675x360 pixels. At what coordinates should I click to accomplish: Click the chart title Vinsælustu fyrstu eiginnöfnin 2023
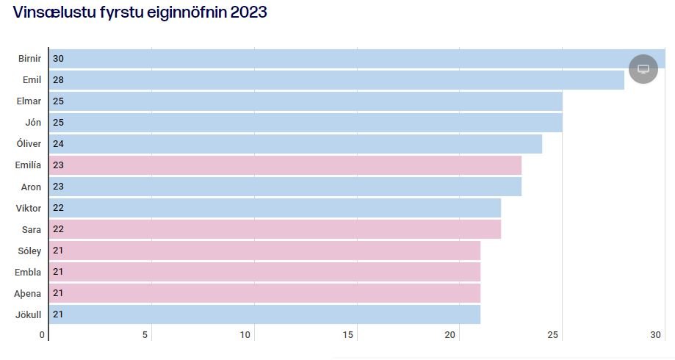pyautogui.click(x=140, y=12)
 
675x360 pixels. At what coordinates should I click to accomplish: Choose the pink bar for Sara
pyautogui.click(x=275, y=230)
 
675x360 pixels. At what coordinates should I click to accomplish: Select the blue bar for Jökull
pyautogui.click(x=264, y=315)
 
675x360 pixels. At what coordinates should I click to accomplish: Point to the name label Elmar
pyautogui.click(x=29, y=101)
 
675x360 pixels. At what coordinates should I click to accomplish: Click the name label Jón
pyautogui.click(x=33, y=123)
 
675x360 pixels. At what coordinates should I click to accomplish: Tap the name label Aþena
pyautogui.click(x=28, y=294)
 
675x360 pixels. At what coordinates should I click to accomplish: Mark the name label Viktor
pyautogui.click(x=29, y=209)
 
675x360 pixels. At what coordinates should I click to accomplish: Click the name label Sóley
pyautogui.click(x=29, y=251)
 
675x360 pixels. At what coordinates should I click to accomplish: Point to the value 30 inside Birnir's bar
pyautogui.click(x=58, y=59)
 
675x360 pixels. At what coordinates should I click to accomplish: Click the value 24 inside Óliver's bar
pyautogui.click(x=58, y=144)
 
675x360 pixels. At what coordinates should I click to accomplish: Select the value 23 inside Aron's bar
pyautogui.click(x=58, y=187)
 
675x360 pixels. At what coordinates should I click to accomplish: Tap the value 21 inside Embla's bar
pyautogui.click(x=58, y=273)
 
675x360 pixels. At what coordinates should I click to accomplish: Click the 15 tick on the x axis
pyautogui.click(x=348, y=335)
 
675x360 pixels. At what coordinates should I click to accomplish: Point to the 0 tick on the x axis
pyautogui.click(x=43, y=335)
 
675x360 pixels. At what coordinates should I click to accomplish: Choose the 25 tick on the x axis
pyautogui.click(x=554, y=335)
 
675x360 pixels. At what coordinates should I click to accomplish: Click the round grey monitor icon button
pyautogui.click(x=643, y=69)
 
